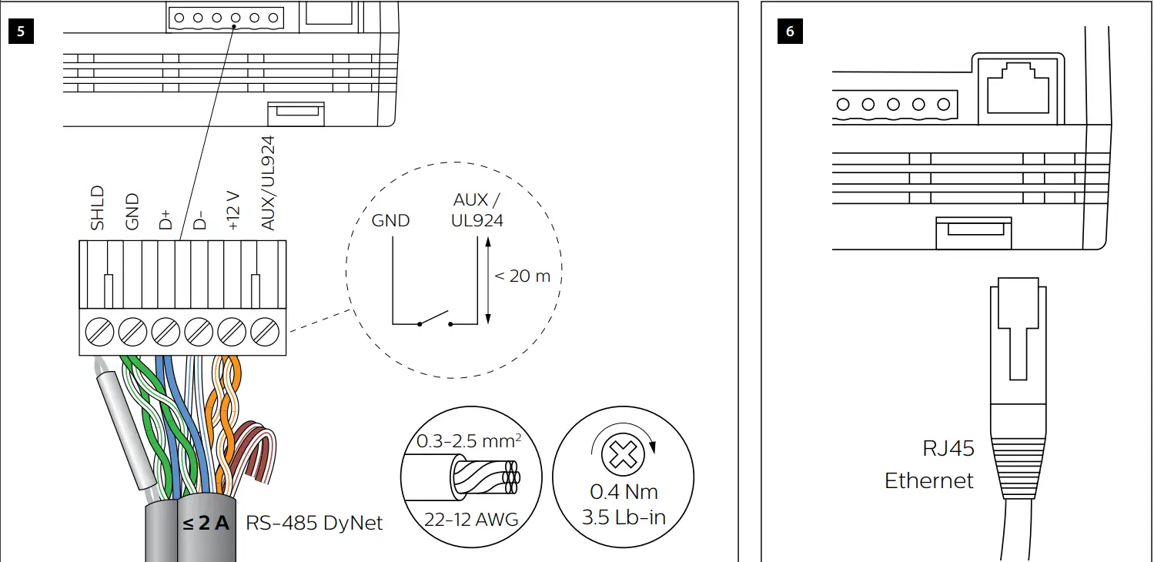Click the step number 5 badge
point(21,32)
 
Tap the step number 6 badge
point(790,32)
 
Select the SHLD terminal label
point(98,208)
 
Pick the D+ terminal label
point(166,218)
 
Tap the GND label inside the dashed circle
point(391,221)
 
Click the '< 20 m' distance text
point(523,276)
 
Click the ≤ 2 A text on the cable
point(206,524)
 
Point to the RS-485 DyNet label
point(314,524)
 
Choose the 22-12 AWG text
point(471,520)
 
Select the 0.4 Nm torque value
point(624,492)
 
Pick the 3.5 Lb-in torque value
point(624,517)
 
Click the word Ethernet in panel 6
point(929,481)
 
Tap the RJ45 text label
point(948,448)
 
